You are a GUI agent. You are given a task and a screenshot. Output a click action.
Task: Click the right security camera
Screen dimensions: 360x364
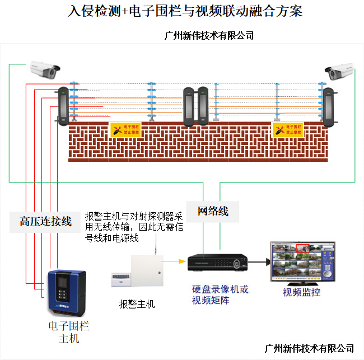(340, 71)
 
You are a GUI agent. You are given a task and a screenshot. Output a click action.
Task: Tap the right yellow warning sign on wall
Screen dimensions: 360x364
(287, 130)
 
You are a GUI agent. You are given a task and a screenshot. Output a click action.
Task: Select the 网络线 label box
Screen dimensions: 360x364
(213, 211)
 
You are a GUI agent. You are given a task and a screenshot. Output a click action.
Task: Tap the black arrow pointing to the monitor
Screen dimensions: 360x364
(257, 261)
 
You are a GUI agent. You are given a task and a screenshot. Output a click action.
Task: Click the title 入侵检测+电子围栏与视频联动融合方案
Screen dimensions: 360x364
(184, 11)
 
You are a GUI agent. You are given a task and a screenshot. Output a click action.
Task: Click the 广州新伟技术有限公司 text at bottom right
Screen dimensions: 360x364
(309, 348)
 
